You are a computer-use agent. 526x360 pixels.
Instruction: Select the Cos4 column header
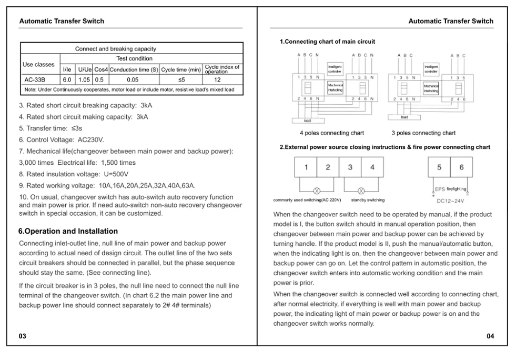pyautogui.click(x=101, y=69)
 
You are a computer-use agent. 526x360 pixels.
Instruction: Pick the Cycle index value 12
pyautogui.click(x=217, y=81)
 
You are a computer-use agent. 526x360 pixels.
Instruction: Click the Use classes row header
pyautogui.click(x=38, y=65)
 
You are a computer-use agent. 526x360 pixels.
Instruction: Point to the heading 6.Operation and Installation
pyautogui.click(x=68, y=231)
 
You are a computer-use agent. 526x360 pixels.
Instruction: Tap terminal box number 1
pyautogui.click(x=306, y=167)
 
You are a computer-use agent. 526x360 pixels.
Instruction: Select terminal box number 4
pyautogui.click(x=372, y=167)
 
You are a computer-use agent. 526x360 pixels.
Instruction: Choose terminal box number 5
pyautogui.click(x=439, y=167)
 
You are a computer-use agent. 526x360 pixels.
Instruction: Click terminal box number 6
pyautogui.click(x=461, y=167)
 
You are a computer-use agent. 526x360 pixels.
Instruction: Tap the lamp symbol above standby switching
pyautogui.click(x=361, y=191)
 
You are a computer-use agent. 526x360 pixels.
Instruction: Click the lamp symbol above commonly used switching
pyautogui.click(x=317, y=191)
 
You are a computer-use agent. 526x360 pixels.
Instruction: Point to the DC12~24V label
pyautogui.click(x=451, y=201)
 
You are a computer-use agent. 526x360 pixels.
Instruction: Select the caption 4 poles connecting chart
pyautogui.click(x=331, y=133)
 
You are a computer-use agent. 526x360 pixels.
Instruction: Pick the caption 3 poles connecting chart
pyautogui.click(x=423, y=133)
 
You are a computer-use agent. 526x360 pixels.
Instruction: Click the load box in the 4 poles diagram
pyautogui.click(x=307, y=121)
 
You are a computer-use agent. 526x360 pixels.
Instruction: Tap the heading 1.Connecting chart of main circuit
pyautogui.click(x=327, y=42)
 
